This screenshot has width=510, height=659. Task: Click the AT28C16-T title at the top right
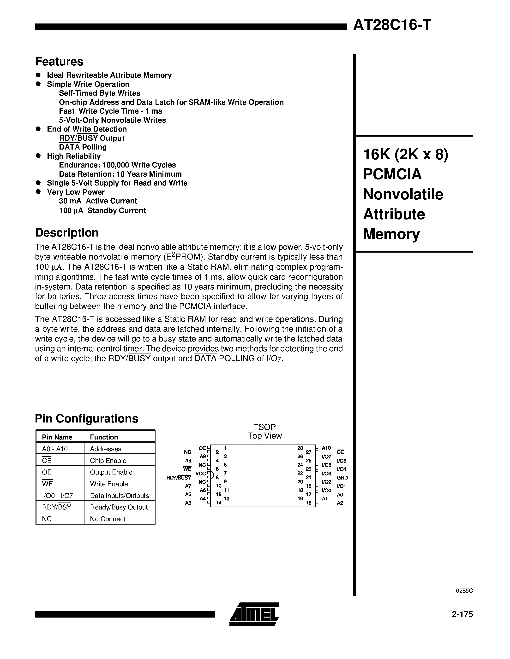coord(392,25)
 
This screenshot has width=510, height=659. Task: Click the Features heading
coord(59,62)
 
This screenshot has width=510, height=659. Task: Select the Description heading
coord(67,233)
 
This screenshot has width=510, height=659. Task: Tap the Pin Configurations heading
coord(86,418)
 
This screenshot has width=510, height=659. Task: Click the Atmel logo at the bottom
coord(254,614)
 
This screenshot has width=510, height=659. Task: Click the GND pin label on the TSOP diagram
coord(342,478)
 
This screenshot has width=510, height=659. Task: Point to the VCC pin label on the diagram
coord(201,474)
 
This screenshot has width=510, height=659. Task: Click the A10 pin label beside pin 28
coord(326,448)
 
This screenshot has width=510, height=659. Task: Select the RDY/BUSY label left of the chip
coord(179,478)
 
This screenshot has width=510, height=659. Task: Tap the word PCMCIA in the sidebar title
coord(392,174)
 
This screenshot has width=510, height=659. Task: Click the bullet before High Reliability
coord(38,156)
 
